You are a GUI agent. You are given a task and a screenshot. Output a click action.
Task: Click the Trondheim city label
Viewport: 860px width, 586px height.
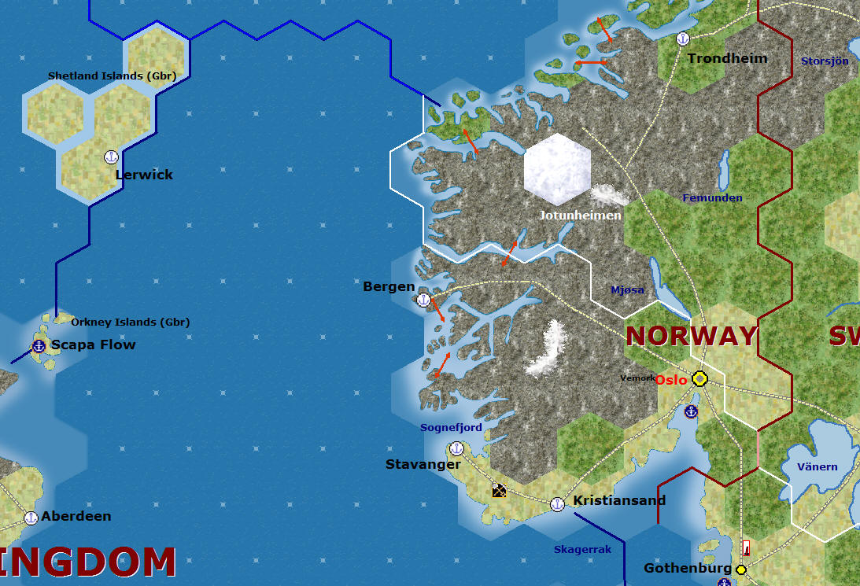(x=727, y=58)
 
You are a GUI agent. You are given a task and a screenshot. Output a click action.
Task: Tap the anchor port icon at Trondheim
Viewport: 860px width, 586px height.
(x=683, y=39)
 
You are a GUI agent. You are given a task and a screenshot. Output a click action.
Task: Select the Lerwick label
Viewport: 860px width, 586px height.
(x=144, y=175)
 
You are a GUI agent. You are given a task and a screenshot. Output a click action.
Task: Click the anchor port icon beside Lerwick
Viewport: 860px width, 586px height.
(x=111, y=157)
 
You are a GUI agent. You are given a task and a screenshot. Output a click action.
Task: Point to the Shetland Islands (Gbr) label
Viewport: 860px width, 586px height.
(x=112, y=76)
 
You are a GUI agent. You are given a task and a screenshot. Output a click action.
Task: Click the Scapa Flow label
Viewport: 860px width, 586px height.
(x=93, y=345)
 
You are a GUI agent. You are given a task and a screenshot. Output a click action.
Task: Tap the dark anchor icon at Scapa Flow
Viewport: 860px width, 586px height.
(x=38, y=346)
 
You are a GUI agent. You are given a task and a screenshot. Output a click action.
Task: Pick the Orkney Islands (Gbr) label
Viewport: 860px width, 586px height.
(x=130, y=322)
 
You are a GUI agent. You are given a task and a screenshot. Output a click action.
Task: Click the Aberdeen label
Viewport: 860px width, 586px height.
(x=76, y=517)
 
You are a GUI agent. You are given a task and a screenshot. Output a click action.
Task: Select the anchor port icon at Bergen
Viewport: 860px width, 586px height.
(x=423, y=299)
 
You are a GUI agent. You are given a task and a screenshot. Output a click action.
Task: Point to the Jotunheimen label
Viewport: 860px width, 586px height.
(x=580, y=215)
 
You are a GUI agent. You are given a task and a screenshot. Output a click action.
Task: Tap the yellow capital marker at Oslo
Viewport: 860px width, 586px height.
(x=699, y=379)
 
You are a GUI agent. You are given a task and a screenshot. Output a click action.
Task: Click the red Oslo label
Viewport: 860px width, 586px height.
(x=672, y=380)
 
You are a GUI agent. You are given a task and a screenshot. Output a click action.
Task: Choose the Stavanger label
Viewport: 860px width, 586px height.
(x=423, y=464)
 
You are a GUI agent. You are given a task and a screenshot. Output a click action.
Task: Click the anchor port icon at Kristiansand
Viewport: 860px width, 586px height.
(x=557, y=503)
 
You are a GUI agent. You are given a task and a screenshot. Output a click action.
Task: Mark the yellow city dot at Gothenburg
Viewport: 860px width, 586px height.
(x=740, y=569)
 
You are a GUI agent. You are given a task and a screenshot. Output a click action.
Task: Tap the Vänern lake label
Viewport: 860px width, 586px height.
(x=818, y=466)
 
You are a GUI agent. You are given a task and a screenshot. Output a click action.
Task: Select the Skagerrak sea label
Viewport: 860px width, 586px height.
(x=582, y=549)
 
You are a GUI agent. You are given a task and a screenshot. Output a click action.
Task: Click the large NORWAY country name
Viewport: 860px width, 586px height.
(x=691, y=336)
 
